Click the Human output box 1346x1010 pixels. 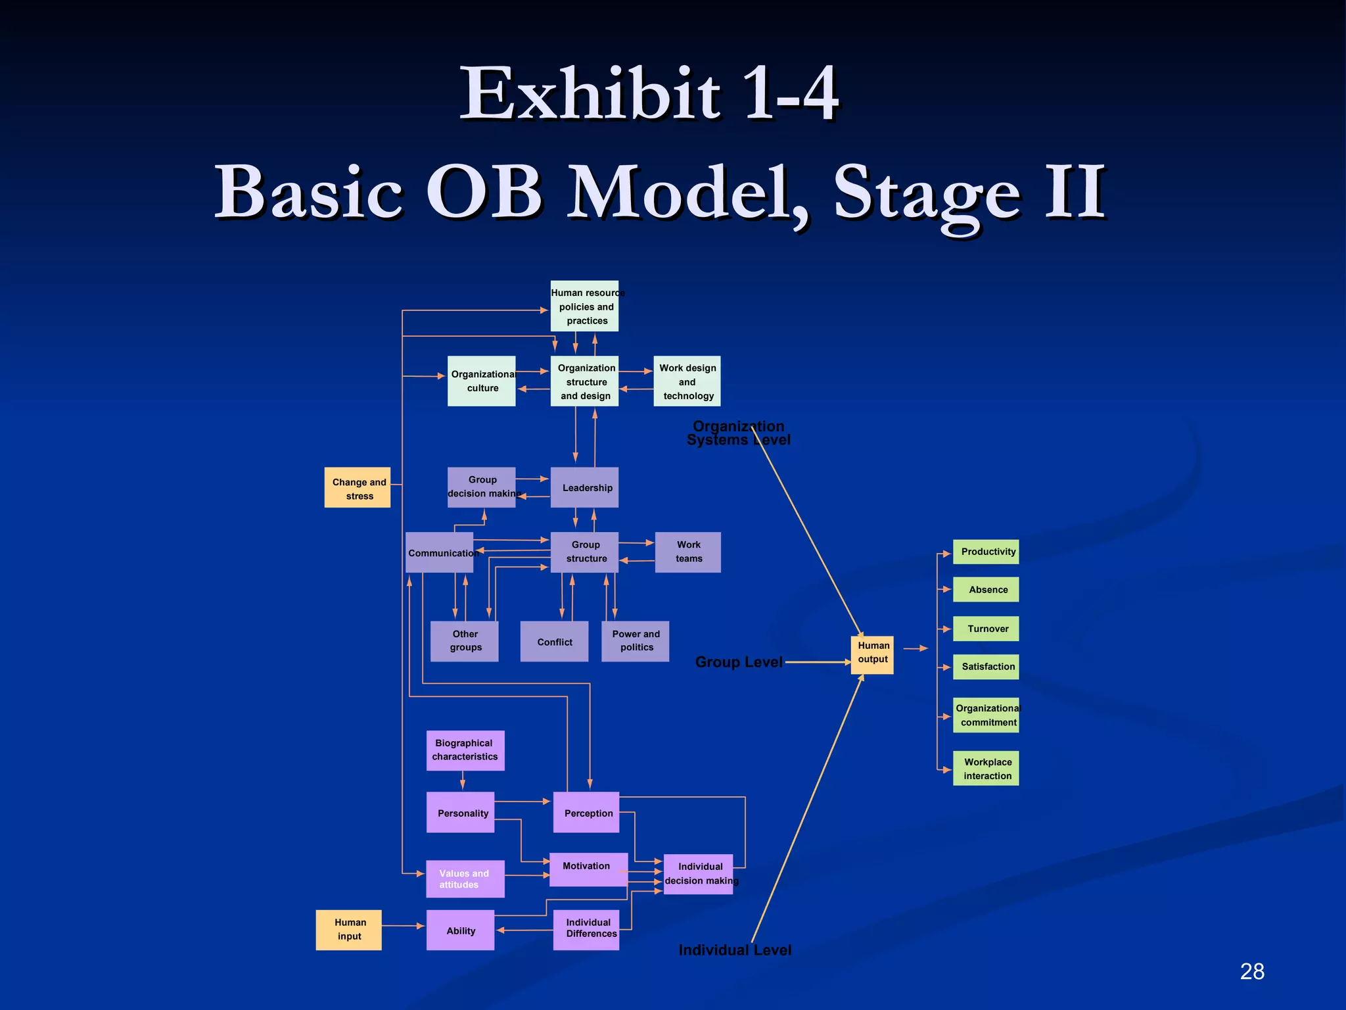pos(872,654)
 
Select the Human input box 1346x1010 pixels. pos(348,930)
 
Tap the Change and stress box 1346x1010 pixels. pos(358,488)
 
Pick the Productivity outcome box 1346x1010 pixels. pos(986,552)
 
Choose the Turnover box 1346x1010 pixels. pos(986,629)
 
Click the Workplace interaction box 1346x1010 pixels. pos(986,768)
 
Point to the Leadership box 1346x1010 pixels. pos(584,487)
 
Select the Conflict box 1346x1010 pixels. pos(554,641)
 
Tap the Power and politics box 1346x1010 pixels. pos(635,641)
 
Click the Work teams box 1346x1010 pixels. pos(687,552)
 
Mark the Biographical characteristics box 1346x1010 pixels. pos(465,750)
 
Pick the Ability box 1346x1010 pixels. pos(460,930)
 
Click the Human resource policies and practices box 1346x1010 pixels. pos(584,306)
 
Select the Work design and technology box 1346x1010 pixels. pos(687,381)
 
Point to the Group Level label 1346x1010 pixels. pos(739,662)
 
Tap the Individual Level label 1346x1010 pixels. pos(735,950)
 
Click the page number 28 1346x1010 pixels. pos(1252,971)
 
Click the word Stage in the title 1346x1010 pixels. pos(927,194)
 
